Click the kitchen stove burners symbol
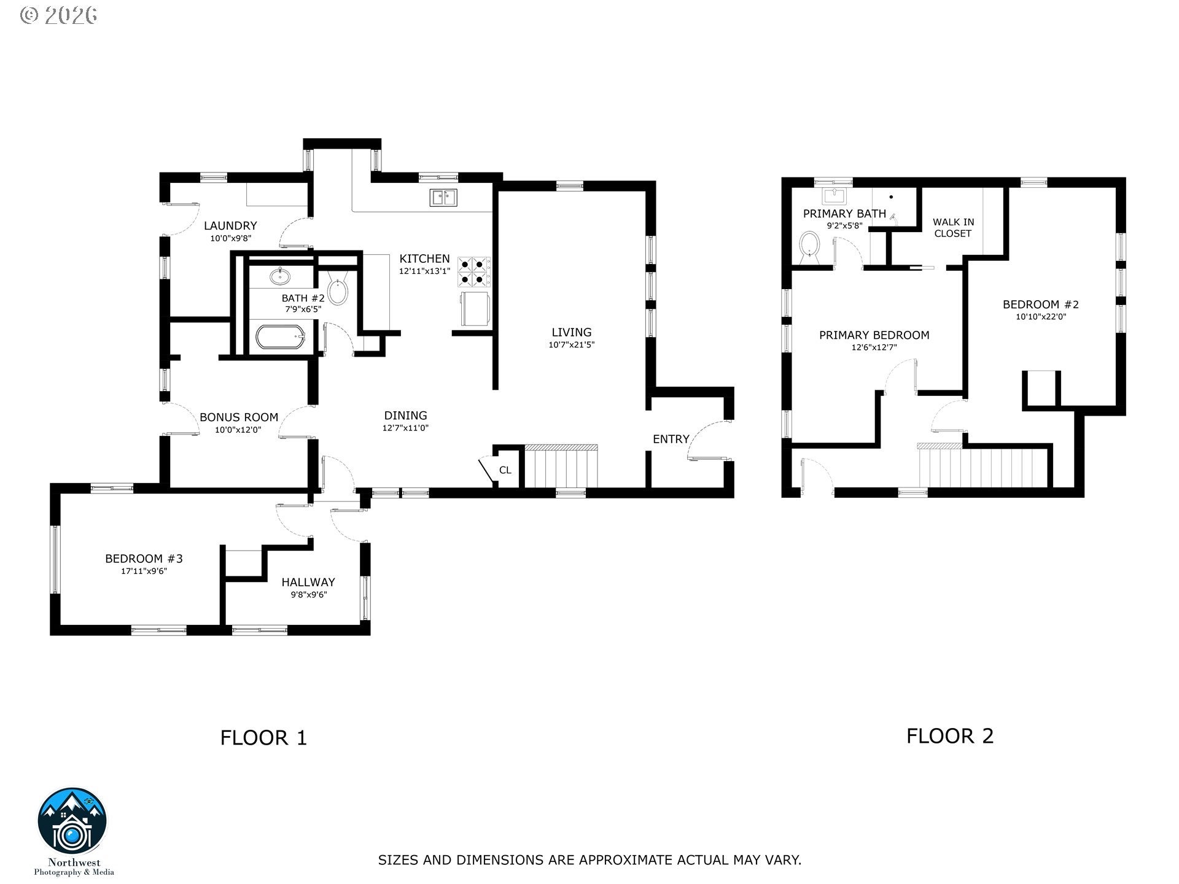pos(474,273)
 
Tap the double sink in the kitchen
pos(444,197)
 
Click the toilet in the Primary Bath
pos(811,246)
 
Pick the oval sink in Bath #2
pos(281,276)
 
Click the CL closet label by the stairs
pos(505,470)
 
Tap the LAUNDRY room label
pos(230,225)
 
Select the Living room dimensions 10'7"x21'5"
pos(571,345)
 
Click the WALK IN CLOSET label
pos(953,228)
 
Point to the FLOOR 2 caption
pos(950,735)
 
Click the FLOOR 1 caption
pos(263,737)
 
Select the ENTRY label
pos(671,439)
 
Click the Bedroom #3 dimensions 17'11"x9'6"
pos(144,571)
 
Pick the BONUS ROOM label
pos(239,417)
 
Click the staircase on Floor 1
pos(561,467)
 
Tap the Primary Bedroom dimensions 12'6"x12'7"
pos(874,347)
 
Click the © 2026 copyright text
pos(59,15)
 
